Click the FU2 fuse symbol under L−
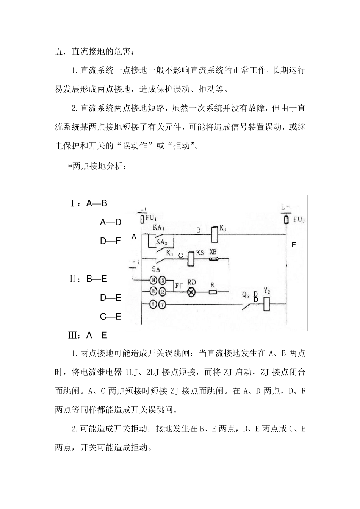click(x=287, y=220)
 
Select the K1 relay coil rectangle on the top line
click(x=214, y=234)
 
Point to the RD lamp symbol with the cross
click(x=192, y=292)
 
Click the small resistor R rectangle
click(x=213, y=292)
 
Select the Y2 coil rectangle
click(x=266, y=304)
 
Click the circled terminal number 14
click(x=153, y=280)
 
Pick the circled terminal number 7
click(x=162, y=304)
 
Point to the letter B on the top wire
click(x=198, y=230)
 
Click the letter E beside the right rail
click(x=293, y=245)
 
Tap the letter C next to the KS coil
click(x=181, y=256)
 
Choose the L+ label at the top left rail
click(x=143, y=208)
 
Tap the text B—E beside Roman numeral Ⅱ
click(x=97, y=279)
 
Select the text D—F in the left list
click(x=110, y=240)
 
